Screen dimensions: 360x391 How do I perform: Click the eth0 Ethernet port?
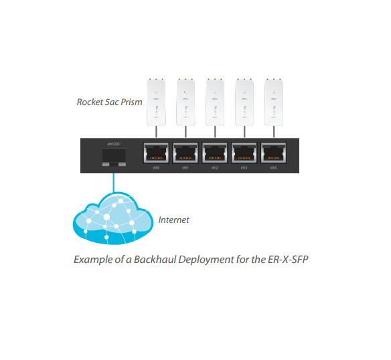coord(155,154)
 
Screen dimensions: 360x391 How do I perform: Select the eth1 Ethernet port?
coord(185,154)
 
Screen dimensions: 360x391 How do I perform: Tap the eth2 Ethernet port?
coord(214,154)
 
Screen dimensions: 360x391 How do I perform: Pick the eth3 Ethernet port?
coord(244,154)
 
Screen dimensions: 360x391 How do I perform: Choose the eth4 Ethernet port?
coord(273,154)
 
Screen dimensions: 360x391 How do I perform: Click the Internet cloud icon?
coord(110,217)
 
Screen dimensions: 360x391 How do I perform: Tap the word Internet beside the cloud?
coord(173,219)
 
